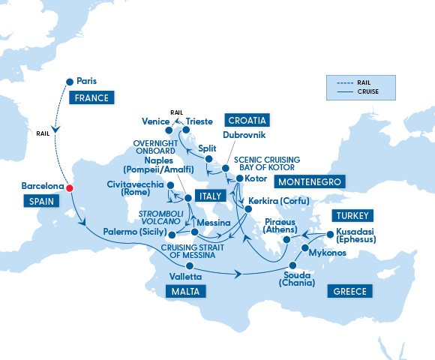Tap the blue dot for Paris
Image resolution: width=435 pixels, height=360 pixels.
click(70, 81)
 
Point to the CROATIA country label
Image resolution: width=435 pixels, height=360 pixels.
click(246, 120)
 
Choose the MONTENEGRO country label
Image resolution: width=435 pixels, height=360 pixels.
click(310, 182)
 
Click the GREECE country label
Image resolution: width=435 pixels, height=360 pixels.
click(347, 291)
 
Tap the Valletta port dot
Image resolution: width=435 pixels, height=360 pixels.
click(190, 265)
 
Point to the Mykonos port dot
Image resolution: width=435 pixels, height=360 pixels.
click(305, 248)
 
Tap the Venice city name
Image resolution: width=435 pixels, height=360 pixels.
click(156, 121)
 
